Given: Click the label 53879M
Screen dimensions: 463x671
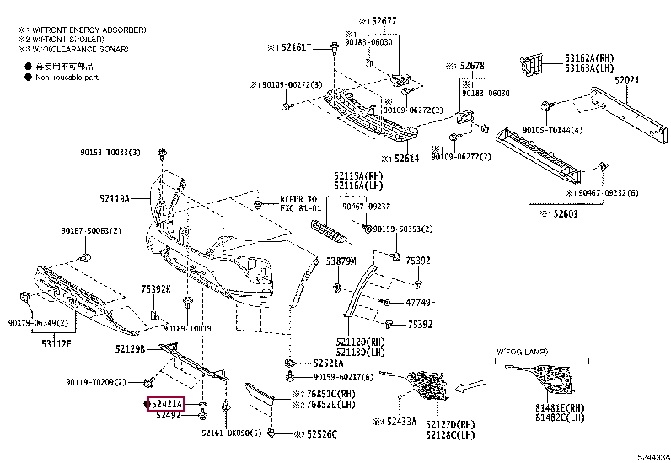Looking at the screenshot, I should pyautogui.click(x=341, y=261).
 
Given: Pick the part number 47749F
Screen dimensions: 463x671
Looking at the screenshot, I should pyautogui.click(x=419, y=302).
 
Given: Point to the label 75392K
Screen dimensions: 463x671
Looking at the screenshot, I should pyautogui.click(x=156, y=288).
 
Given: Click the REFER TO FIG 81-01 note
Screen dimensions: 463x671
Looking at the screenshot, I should pyautogui.click(x=300, y=203).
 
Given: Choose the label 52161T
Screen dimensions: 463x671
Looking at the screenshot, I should pyautogui.click(x=296, y=47).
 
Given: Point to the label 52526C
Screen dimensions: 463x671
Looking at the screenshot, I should pyautogui.click(x=318, y=434).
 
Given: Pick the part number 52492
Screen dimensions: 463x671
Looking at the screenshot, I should pyautogui.click(x=169, y=415).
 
